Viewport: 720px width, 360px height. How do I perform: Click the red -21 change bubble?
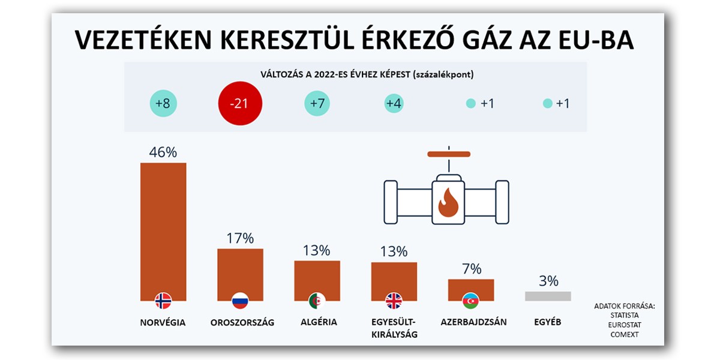(x=240, y=103)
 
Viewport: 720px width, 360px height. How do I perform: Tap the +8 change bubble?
(x=163, y=103)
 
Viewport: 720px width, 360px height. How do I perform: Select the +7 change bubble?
(x=317, y=103)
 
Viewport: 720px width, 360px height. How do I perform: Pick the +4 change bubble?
(x=394, y=103)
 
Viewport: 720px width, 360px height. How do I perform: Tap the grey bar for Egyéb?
(x=548, y=296)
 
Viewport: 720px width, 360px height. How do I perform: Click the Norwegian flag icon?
(x=163, y=301)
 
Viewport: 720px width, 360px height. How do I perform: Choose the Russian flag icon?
(x=240, y=301)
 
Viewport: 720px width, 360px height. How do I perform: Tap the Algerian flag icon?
(x=317, y=301)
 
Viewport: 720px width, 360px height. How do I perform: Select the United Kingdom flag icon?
(x=394, y=301)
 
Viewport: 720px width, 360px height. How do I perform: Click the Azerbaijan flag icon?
(x=471, y=301)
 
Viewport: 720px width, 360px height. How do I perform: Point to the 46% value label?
(x=163, y=152)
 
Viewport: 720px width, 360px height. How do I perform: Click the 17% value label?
(x=240, y=238)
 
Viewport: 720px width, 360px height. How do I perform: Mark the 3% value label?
(x=548, y=281)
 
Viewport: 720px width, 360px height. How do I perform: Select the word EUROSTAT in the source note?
(x=624, y=325)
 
